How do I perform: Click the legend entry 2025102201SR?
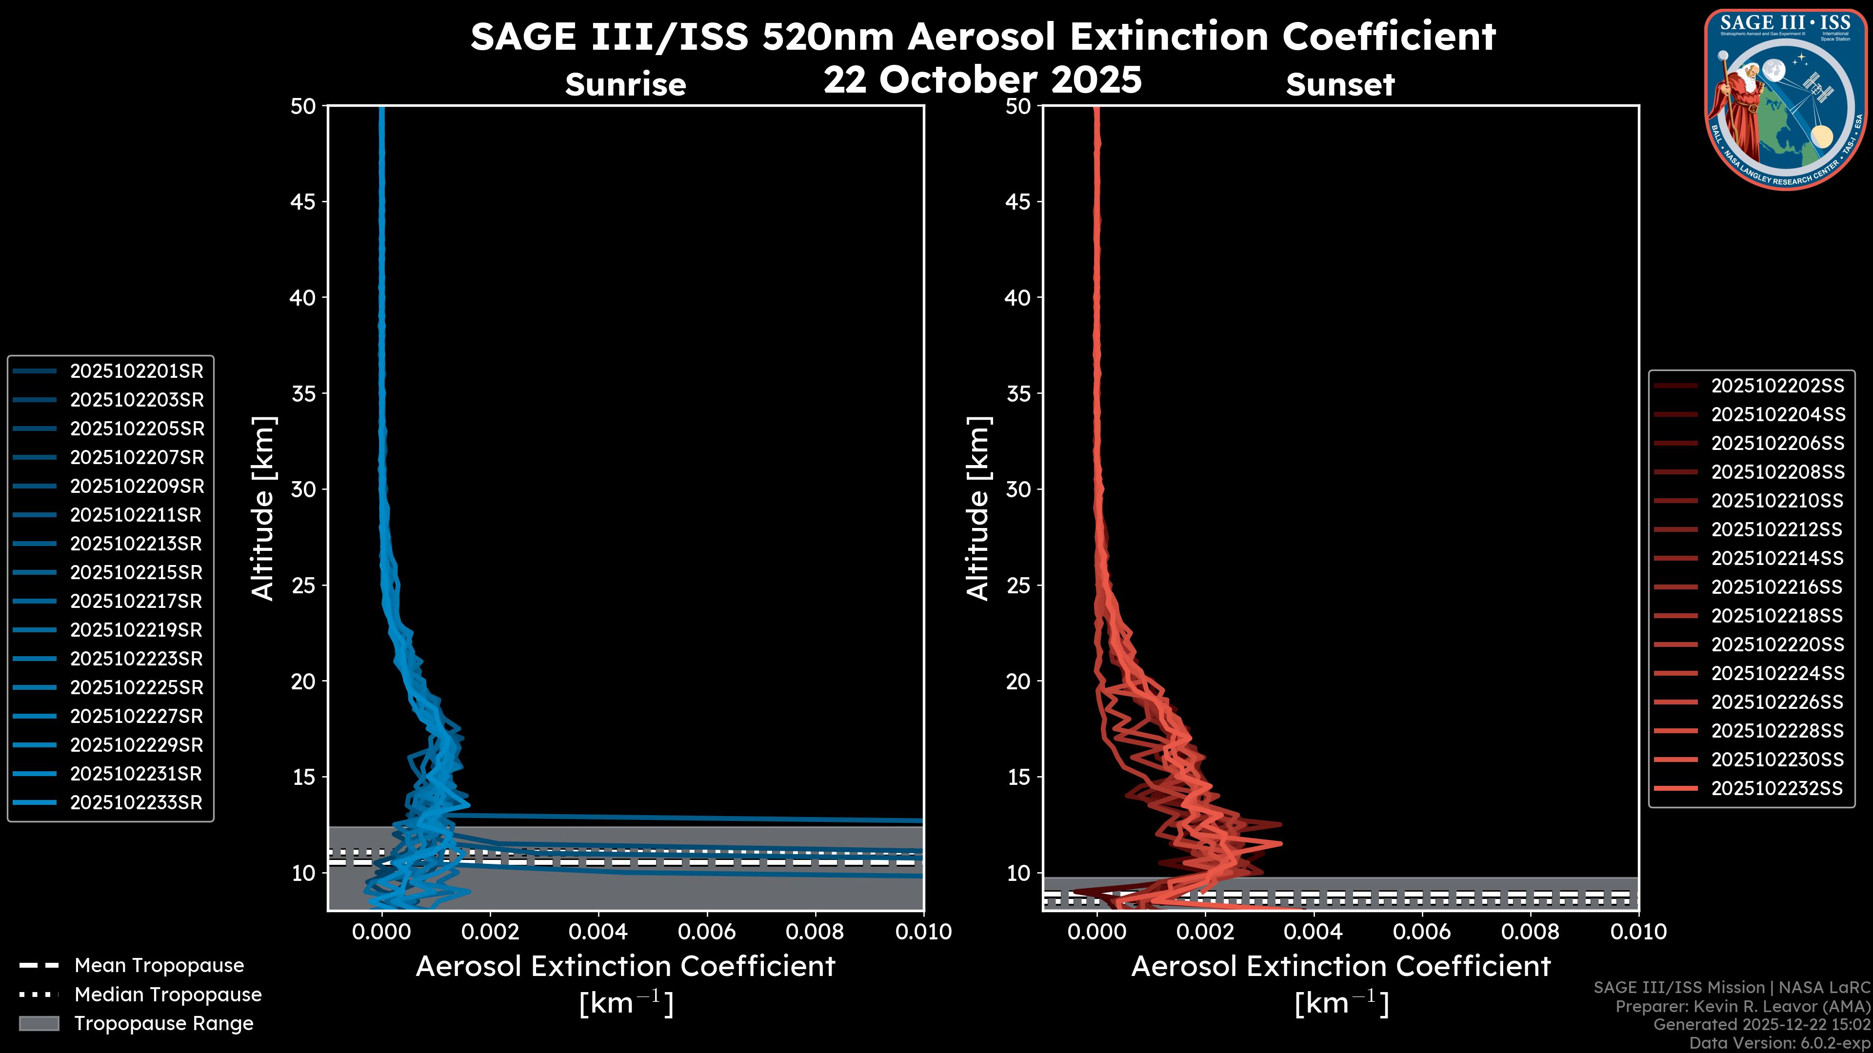click(136, 371)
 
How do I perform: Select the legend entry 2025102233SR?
click(136, 803)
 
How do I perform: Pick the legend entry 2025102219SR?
click(136, 630)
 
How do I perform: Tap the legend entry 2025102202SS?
click(1777, 386)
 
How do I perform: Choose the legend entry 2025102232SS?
click(1777, 788)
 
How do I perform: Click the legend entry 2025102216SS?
click(1777, 587)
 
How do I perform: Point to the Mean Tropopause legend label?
click(159, 966)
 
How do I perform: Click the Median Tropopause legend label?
click(168, 995)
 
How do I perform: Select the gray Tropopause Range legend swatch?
click(39, 1023)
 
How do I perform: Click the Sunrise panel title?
click(625, 85)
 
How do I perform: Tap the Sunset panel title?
click(1340, 85)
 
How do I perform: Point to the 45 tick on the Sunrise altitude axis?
click(303, 202)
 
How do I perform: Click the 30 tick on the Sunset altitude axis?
click(1018, 490)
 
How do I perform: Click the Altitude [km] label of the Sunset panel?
click(978, 508)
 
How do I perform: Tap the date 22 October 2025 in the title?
click(982, 80)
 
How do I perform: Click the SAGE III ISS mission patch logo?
click(1785, 98)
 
